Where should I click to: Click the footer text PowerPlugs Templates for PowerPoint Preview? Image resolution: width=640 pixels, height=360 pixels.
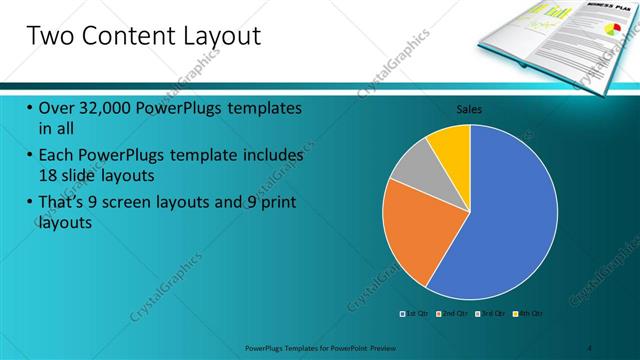[330, 347]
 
